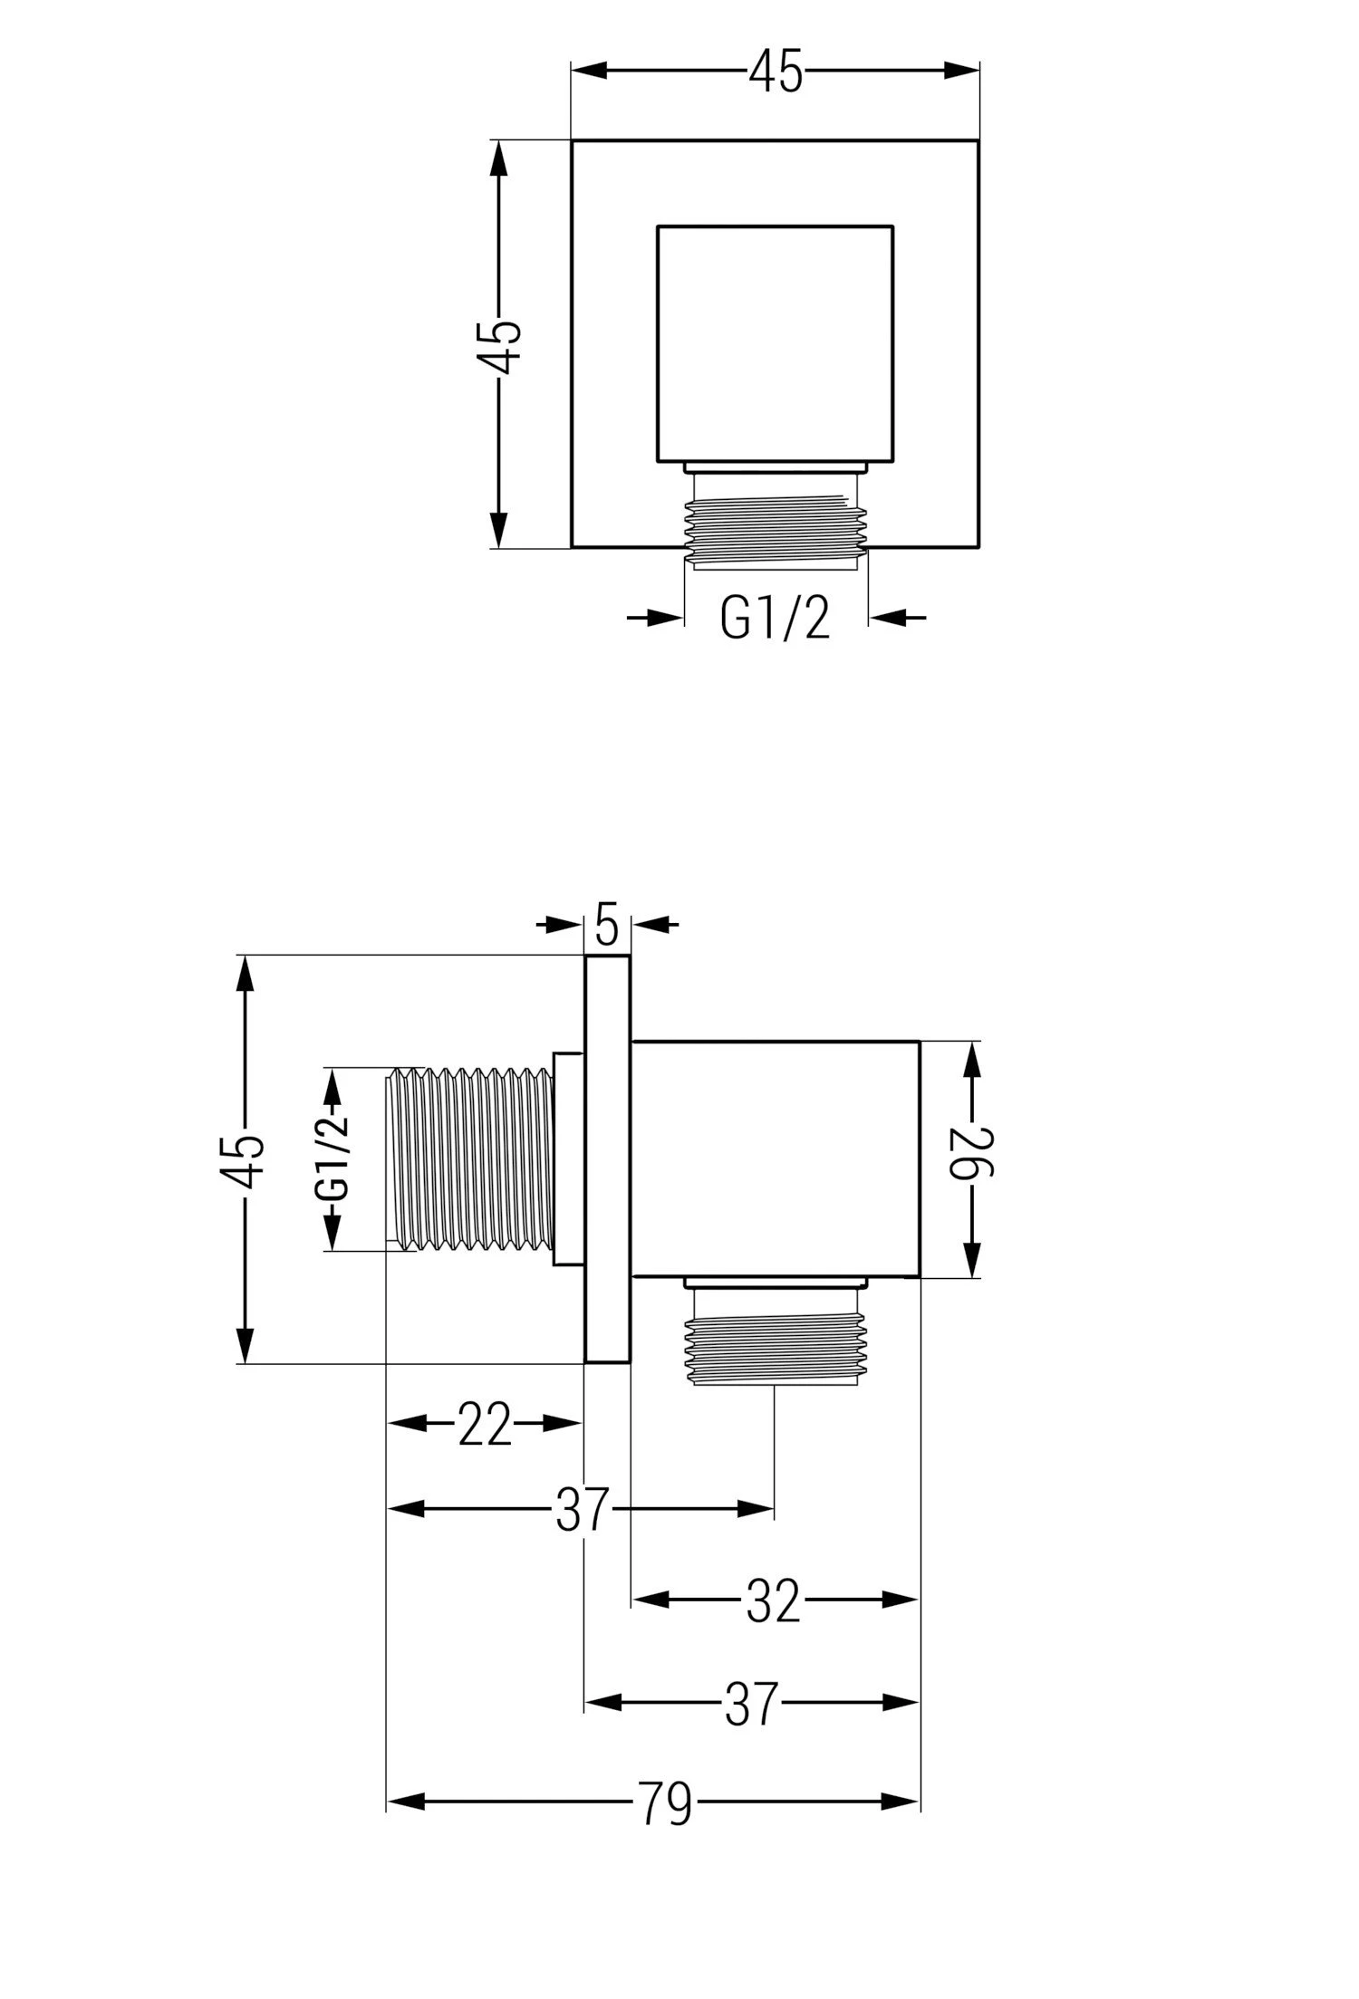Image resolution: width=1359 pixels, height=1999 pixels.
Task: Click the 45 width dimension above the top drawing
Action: point(776,72)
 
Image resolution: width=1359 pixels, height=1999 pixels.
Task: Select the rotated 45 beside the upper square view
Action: point(499,345)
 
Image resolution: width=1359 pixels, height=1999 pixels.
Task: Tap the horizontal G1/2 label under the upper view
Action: point(775,619)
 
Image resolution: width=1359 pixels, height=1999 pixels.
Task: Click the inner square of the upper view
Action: point(776,344)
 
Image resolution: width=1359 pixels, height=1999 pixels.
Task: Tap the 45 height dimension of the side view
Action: point(245,1160)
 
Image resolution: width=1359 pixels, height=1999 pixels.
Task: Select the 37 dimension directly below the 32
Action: point(752,1703)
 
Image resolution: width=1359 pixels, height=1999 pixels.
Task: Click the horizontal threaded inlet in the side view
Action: point(470,1160)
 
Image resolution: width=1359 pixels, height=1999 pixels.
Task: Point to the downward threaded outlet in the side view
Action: point(776,1343)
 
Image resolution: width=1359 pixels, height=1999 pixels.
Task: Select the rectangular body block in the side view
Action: point(776,1159)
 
